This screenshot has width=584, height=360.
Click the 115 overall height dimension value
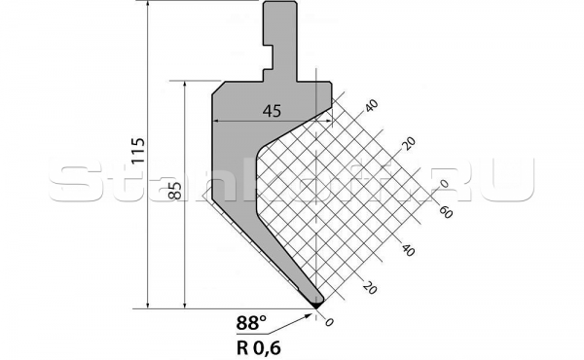(138, 151)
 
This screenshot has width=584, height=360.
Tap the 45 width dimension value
(273, 110)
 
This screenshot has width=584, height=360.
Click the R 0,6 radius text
(262, 343)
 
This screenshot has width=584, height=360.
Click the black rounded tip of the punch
(318, 304)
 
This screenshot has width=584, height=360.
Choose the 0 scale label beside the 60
(443, 181)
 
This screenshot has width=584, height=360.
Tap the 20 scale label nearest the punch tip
(369, 287)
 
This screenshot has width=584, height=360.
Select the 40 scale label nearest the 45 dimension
(371, 105)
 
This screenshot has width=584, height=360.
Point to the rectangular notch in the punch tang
(267, 71)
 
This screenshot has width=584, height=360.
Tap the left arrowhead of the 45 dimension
(216, 122)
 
